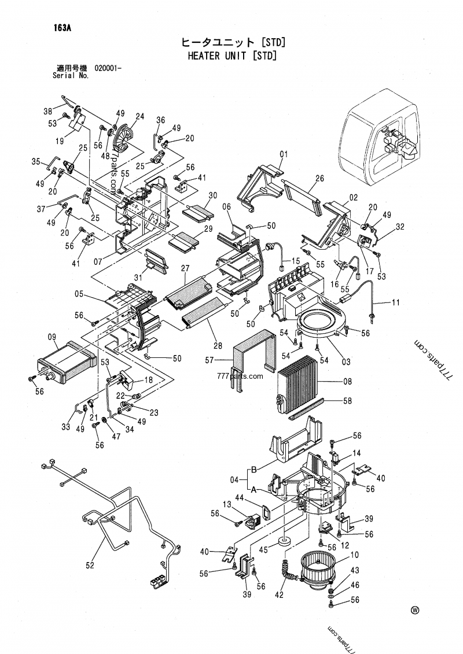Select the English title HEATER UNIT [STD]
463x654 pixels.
click(231, 56)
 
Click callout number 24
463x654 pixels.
click(139, 116)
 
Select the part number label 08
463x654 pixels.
click(347, 382)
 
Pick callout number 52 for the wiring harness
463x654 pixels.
click(90, 566)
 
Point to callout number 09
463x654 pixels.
click(52, 337)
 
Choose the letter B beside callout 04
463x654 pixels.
click(253, 469)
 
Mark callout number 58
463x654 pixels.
click(347, 400)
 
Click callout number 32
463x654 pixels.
click(400, 227)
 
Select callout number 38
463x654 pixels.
click(48, 111)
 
